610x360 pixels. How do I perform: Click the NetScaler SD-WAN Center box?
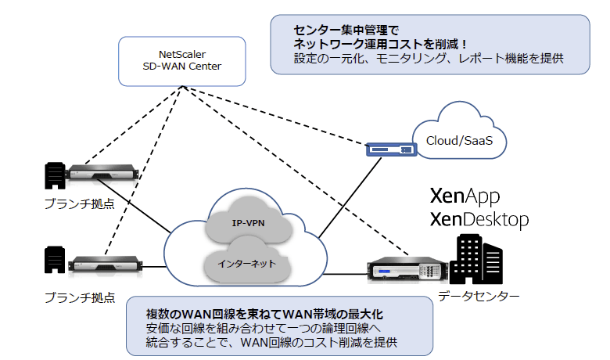[179, 60]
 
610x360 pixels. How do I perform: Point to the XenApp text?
[465, 196]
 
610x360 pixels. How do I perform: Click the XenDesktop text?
[479, 221]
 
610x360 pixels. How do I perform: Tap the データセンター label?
[478, 296]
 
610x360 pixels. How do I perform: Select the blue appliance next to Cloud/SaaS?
[389, 149]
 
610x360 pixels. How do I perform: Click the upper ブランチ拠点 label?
[81, 203]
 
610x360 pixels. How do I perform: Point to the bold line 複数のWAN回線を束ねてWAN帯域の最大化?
[264, 314]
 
